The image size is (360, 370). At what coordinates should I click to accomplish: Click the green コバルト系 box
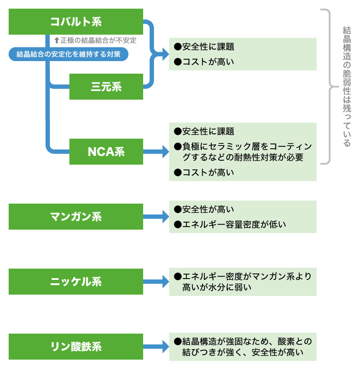(x=76, y=22)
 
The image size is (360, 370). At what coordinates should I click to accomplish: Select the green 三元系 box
(x=106, y=87)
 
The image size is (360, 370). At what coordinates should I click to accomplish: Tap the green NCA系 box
(x=106, y=152)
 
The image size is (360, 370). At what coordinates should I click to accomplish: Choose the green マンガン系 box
(x=76, y=217)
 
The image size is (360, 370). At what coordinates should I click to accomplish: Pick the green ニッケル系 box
(x=76, y=282)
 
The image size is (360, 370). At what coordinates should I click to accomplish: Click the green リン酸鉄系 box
(x=76, y=347)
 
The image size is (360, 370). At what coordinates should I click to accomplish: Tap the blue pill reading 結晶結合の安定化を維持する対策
(x=69, y=54)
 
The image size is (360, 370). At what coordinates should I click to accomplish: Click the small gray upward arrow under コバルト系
(x=56, y=40)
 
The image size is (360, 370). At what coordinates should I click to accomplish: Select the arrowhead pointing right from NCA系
(x=165, y=152)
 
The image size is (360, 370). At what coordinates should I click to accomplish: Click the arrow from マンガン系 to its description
(x=156, y=217)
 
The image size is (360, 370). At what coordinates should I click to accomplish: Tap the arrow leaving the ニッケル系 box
(x=156, y=282)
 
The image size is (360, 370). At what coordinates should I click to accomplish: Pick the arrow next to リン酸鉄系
(x=156, y=347)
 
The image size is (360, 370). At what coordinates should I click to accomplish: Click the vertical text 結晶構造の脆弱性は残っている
(x=347, y=87)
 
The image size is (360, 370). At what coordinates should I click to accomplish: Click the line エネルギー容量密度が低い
(x=234, y=224)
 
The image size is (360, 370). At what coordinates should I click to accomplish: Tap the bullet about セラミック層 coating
(x=243, y=152)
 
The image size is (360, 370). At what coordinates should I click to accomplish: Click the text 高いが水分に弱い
(x=217, y=287)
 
